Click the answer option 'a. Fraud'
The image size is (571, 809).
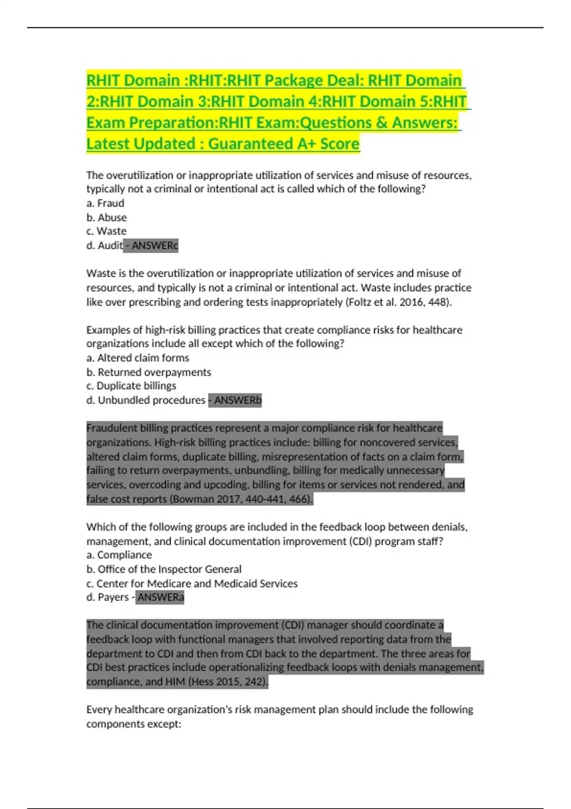pyautogui.click(x=105, y=203)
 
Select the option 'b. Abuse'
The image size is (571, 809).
pyautogui.click(x=107, y=217)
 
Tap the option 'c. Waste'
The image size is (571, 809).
pyautogui.click(x=107, y=231)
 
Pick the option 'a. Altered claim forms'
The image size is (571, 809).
pyautogui.click(x=138, y=358)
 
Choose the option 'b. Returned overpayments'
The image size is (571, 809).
pyautogui.click(x=148, y=372)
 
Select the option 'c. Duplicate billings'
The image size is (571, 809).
pyautogui.click(x=131, y=386)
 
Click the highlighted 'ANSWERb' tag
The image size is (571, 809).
pyautogui.click(x=237, y=400)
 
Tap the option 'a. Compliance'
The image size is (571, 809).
pyautogui.click(x=119, y=555)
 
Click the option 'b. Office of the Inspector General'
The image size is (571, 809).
pyautogui.click(x=164, y=569)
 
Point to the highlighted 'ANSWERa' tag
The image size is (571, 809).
pyautogui.click(x=160, y=597)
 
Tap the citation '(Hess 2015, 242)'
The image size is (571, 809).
pyautogui.click(x=228, y=682)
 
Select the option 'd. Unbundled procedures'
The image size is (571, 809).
pyautogui.click(x=146, y=400)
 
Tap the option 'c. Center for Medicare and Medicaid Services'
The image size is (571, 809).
pyautogui.click(x=192, y=583)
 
